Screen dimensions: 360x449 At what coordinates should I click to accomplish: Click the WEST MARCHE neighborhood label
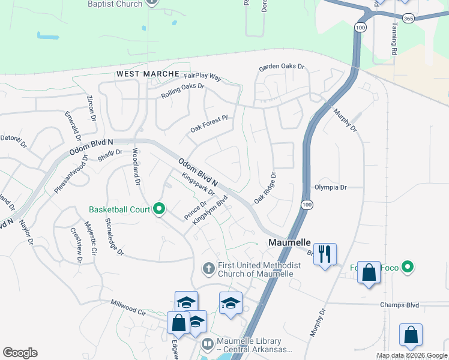[x=148, y=74]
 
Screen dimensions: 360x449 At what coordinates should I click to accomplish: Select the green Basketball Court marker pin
[x=159, y=209]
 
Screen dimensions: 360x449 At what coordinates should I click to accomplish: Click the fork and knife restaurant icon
[x=325, y=254]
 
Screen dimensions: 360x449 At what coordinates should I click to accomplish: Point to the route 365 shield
[x=408, y=19]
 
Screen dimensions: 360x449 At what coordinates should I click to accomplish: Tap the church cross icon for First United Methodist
[x=208, y=268]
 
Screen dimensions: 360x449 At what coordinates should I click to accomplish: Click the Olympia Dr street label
[x=330, y=188]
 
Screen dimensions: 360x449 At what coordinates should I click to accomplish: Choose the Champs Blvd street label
[x=399, y=305]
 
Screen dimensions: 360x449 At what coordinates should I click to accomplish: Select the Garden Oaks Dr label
[x=282, y=67]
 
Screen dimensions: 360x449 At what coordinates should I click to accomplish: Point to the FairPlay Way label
[x=203, y=77]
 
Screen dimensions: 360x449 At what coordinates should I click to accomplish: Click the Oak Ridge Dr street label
[x=265, y=188]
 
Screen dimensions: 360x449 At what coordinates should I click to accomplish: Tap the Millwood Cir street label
[x=128, y=308]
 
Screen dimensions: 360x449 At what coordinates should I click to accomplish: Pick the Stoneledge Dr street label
[x=115, y=237]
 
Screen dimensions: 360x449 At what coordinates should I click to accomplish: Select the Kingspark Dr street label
[x=198, y=187]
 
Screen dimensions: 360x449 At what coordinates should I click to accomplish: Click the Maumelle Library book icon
[x=207, y=344]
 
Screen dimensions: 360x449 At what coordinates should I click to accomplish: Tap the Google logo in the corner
[x=20, y=353]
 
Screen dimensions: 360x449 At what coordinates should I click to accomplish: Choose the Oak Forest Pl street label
[x=209, y=124]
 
